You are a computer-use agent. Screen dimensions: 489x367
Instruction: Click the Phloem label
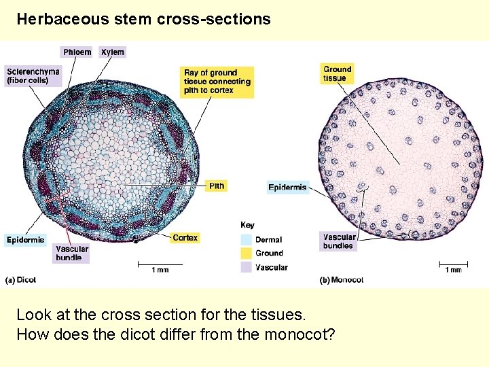click(x=77, y=52)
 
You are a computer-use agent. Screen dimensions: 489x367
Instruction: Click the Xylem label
click(x=113, y=52)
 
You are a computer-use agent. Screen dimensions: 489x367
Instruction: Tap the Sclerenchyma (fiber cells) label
click(x=33, y=75)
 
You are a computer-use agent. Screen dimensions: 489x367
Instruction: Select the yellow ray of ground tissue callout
click(x=217, y=82)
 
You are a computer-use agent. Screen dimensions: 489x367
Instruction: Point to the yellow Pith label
click(x=217, y=186)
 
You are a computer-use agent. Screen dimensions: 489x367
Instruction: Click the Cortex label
click(x=185, y=238)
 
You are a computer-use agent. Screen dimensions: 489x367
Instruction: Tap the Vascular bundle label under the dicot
click(x=72, y=254)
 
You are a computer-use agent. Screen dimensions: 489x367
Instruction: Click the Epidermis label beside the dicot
click(x=25, y=239)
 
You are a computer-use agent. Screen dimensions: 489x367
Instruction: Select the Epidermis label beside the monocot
click(x=287, y=187)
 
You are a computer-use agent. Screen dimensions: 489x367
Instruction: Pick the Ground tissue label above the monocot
click(x=337, y=73)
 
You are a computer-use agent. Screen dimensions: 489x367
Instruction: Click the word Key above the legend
click(x=248, y=225)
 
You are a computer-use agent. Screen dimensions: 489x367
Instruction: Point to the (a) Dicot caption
click(x=22, y=279)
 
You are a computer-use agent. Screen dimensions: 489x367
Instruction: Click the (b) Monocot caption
click(x=342, y=279)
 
